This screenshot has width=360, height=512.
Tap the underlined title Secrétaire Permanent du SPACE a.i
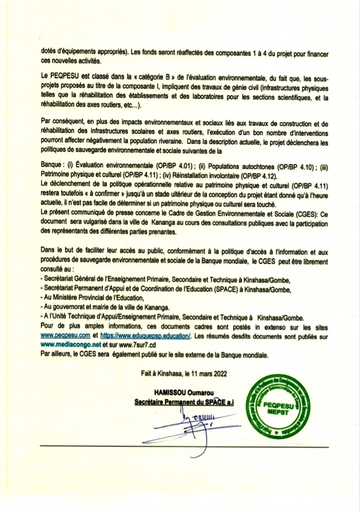pos(184,402)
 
